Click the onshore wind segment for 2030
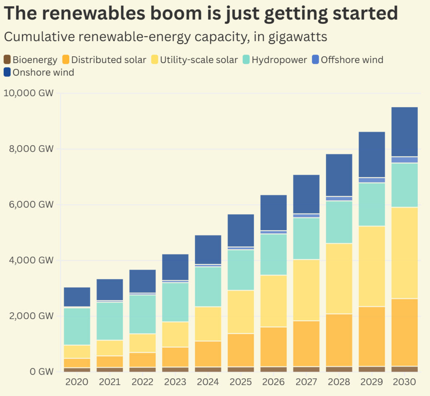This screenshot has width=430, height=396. click(405, 132)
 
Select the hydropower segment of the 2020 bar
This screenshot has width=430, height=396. click(77, 326)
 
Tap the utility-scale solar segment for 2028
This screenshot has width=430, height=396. click(339, 278)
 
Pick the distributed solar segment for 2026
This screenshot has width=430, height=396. click(273, 346)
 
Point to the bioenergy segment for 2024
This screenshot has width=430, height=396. click(208, 369)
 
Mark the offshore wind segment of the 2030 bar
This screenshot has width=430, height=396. click(405, 160)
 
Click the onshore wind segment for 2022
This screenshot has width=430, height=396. click(142, 281)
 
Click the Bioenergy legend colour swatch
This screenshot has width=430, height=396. click(7, 60)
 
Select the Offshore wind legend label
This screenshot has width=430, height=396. click(352, 60)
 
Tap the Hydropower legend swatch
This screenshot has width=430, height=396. click(246, 60)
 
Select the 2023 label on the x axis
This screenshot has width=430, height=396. click(175, 383)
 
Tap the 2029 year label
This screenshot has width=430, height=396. click(372, 383)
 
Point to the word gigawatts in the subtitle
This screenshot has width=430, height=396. click(290, 37)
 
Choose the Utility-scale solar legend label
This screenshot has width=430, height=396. click(199, 60)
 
